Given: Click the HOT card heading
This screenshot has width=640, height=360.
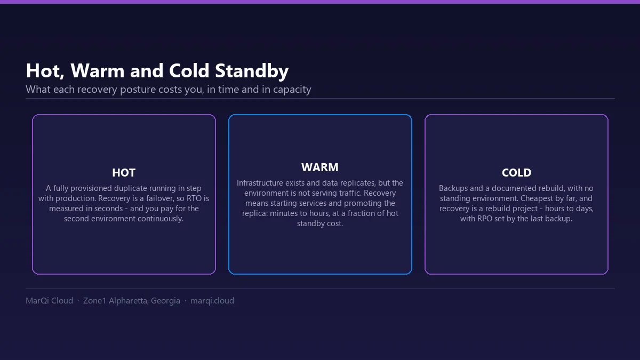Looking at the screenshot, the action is tap(124, 173).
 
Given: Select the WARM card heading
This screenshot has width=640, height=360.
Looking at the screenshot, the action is tap(320, 167).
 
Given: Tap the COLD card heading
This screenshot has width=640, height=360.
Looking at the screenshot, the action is tap(517, 173).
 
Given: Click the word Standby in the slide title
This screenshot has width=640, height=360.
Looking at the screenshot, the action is tap(252, 70).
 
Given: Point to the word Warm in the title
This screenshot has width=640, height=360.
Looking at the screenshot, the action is tap(98, 70).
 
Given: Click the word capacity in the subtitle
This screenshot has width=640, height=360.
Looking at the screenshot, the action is tap(292, 90).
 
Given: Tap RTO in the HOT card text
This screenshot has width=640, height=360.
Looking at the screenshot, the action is tap(194, 198).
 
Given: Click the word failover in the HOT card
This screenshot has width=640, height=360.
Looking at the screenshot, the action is tap(158, 198).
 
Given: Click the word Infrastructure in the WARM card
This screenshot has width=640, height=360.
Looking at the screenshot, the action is tap(255, 183).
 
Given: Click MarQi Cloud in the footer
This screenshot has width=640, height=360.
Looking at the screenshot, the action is tap(50, 301).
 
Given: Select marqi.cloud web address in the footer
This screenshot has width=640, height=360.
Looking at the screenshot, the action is tap(212, 301).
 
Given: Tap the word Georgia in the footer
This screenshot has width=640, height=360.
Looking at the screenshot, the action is tap(165, 301).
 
